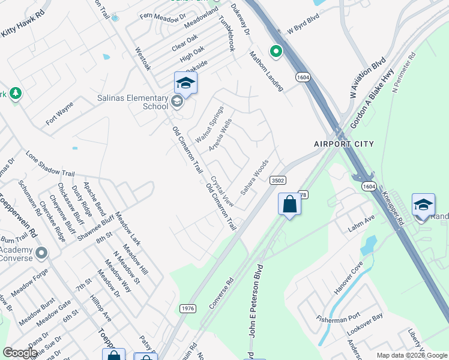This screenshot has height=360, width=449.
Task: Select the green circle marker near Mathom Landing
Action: (276, 52)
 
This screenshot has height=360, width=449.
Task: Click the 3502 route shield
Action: (277, 180)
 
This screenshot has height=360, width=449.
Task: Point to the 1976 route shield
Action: (188, 308)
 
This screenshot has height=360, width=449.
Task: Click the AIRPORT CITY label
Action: (343, 144)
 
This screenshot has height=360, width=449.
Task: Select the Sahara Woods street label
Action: (255, 176)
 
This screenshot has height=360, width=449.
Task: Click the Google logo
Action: (20, 353)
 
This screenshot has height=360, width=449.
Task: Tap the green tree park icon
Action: (16, 94)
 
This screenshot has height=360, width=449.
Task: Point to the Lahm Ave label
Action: (363, 221)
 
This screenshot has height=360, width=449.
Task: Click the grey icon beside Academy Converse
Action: (41, 253)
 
